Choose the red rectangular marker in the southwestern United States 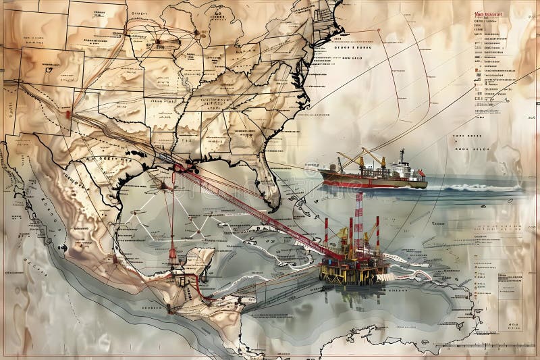pos(68,114)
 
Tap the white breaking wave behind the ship pos(473,187)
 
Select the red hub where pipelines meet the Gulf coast pos(177,166)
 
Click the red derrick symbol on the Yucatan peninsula pos(173,253)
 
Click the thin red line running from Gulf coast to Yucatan pos(172,209)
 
